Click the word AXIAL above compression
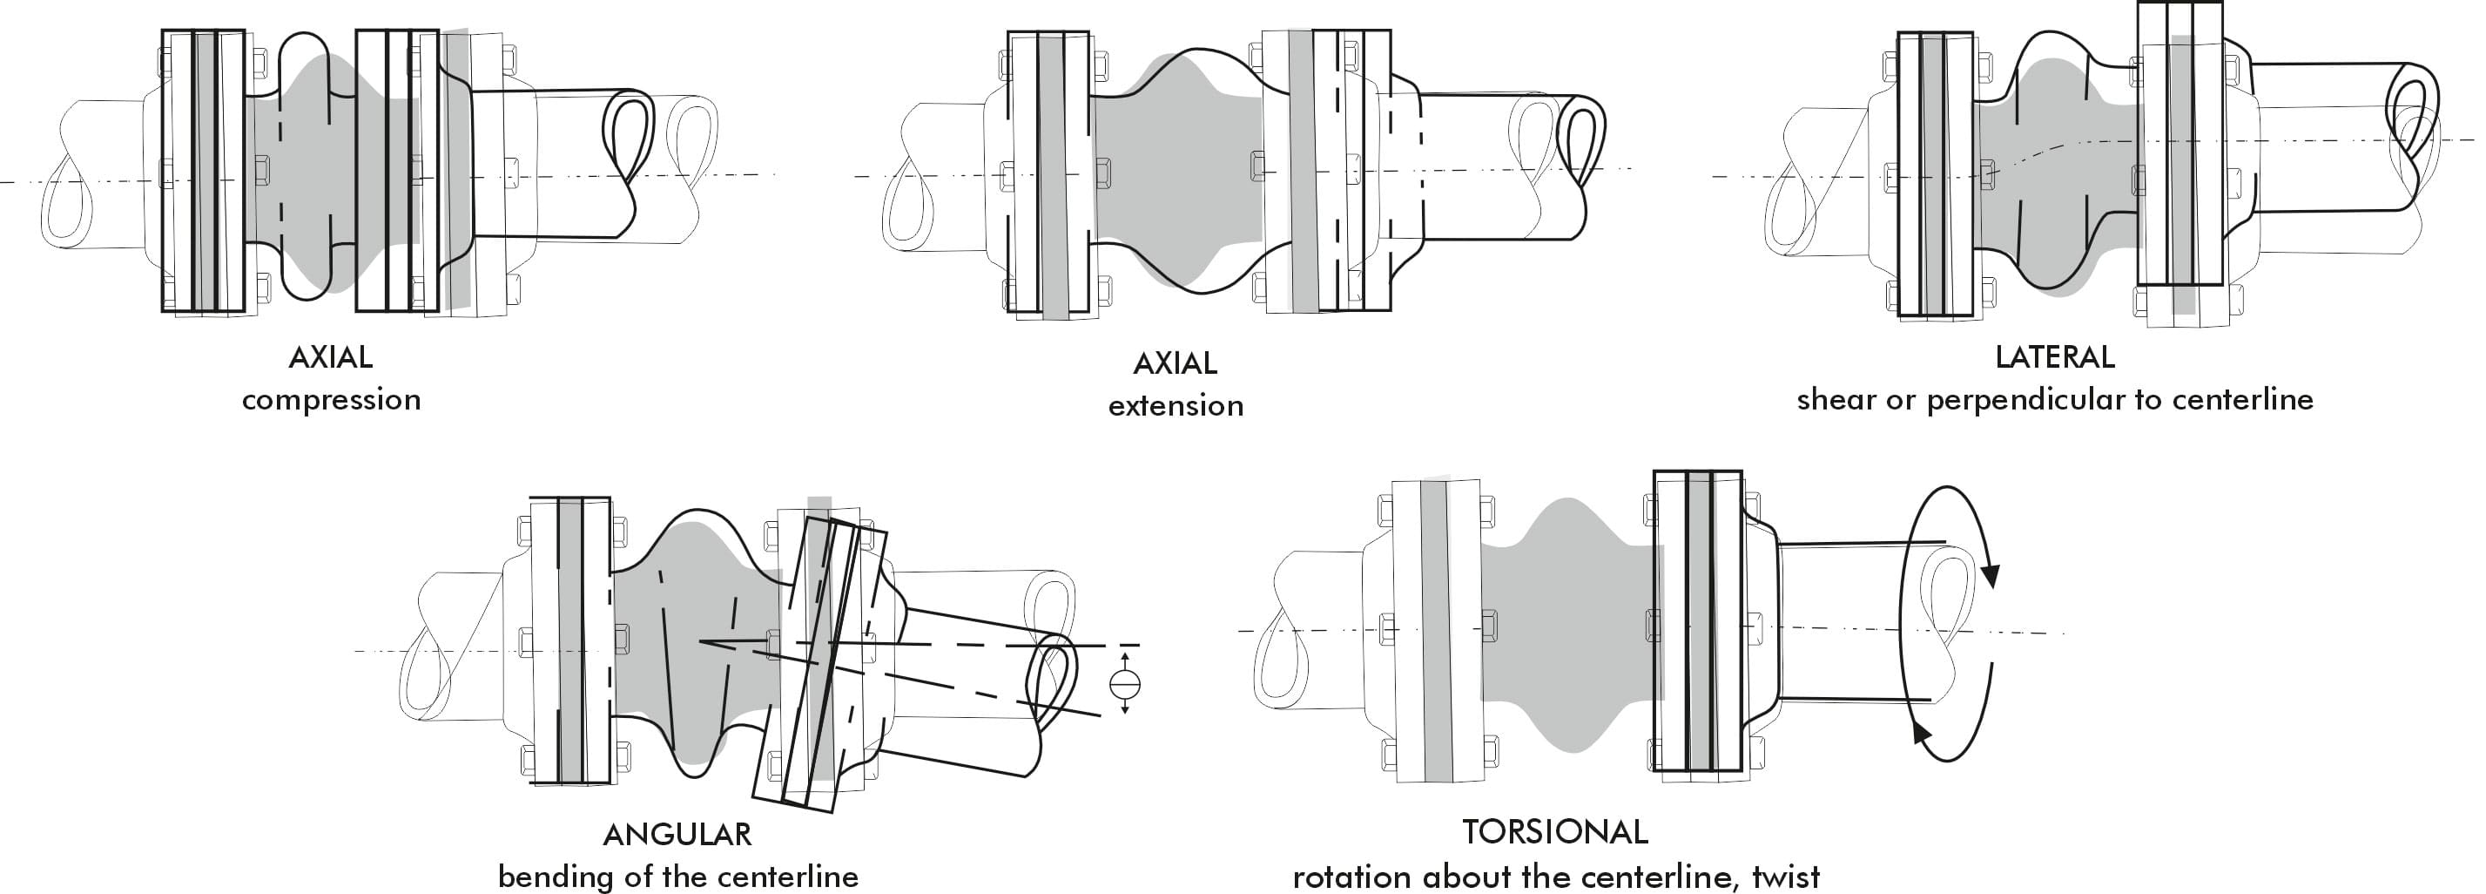click(x=330, y=357)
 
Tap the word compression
click(x=331, y=400)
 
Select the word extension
click(x=1176, y=405)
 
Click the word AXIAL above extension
click(x=1175, y=363)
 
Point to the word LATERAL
click(x=2055, y=357)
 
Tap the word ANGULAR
click(x=677, y=834)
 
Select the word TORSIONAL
click(x=1554, y=831)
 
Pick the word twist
click(x=1785, y=877)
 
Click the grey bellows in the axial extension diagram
click(x=1177, y=173)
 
